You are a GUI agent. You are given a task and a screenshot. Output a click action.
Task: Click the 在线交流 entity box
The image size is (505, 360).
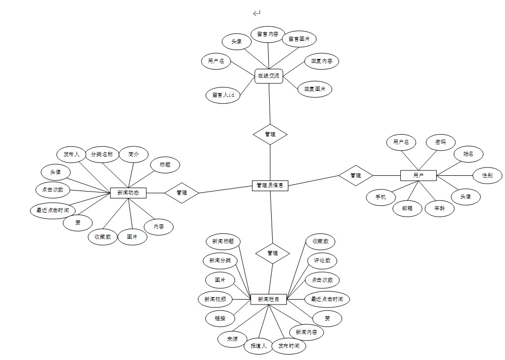269,76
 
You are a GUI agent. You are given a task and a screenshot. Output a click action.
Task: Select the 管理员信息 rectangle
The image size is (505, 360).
270,185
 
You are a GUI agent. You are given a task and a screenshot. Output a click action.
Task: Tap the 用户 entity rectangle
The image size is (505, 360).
418,175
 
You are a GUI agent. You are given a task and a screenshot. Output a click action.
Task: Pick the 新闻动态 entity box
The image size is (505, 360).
128,193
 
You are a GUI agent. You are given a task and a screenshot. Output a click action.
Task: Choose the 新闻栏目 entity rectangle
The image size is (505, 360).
269,299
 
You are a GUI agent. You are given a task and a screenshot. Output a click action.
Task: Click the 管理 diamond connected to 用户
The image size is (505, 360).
356,175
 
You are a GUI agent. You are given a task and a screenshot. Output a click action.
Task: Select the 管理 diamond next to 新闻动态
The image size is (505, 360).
182,193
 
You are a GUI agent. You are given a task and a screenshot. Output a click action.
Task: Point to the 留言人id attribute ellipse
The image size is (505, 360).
223,95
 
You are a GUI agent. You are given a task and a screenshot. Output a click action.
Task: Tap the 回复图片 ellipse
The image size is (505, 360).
315,89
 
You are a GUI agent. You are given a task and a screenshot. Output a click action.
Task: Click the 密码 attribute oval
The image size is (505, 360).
440,142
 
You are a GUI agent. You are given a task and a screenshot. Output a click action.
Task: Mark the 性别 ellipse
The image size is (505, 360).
487,175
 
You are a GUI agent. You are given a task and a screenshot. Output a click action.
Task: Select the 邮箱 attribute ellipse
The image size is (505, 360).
407,208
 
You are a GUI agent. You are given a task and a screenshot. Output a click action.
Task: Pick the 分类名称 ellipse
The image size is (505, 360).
102,154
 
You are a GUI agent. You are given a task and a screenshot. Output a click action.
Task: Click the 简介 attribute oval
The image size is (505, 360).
134,154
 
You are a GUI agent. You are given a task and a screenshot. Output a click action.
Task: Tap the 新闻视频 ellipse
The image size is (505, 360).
215,299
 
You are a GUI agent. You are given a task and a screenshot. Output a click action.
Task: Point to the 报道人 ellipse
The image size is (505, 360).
258,346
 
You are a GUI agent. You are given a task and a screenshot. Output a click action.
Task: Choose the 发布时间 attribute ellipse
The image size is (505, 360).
289,346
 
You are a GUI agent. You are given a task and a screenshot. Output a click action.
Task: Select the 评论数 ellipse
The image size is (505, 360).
322,260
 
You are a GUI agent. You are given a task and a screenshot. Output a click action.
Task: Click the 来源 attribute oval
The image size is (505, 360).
232,339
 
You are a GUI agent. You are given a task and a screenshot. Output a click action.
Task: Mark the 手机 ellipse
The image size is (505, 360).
381,197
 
